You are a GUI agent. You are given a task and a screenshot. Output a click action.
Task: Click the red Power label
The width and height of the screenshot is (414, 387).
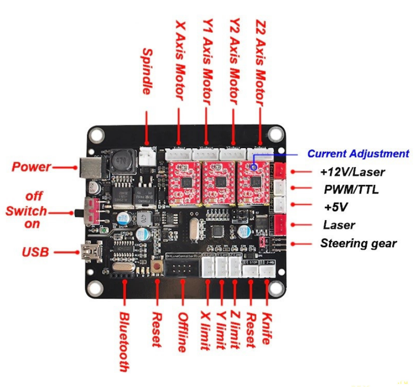click(31, 167)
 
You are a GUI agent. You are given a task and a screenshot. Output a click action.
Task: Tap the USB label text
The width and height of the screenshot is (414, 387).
click(35, 251)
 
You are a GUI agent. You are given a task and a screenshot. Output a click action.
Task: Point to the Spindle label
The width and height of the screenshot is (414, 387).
click(147, 71)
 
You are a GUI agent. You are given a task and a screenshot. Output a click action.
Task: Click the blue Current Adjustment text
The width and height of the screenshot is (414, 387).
click(358, 154)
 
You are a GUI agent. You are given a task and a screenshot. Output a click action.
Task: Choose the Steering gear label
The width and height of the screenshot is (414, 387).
click(358, 244)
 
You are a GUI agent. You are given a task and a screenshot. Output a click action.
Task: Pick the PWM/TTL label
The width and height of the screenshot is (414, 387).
click(351, 190)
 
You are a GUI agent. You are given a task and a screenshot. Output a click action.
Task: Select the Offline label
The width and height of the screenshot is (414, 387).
click(182, 332)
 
